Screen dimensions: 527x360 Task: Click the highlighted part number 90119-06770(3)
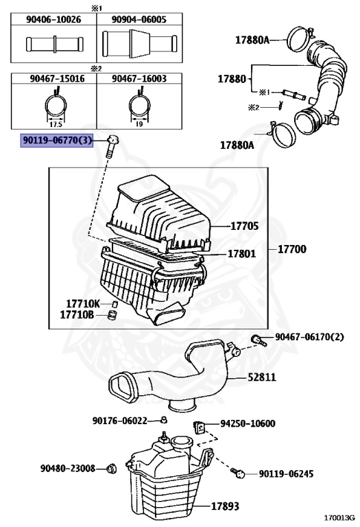pyautogui.click(x=58, y=140)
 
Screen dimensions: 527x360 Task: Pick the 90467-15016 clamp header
pyautogui.click(x=53, y=80)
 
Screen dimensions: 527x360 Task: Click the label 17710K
pyautogui.click(x=83, y=303)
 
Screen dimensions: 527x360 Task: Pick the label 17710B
pyautogui.click(x=83, y=315)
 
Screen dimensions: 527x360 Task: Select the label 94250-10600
pyautogui.click(x=247, y=423)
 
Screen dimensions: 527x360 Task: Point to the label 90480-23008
pyautogui.click(x=67, y=468)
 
